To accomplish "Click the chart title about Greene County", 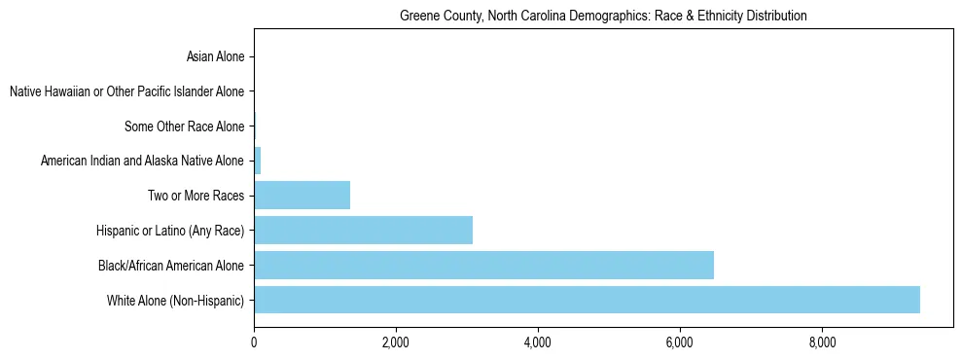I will click(603, 16).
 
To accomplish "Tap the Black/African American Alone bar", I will click(483, 265).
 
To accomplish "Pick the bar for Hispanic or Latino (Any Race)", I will click(363, 230).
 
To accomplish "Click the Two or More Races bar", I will click(302, 196).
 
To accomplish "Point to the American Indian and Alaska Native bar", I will click(258, 161).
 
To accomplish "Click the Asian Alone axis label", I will click(215, 56).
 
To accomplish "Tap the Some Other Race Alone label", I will click(185, 126).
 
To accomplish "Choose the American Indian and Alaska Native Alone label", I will click(143, 161).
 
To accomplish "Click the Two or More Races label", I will click(196, 196).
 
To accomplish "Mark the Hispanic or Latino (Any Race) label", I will click(170, 231).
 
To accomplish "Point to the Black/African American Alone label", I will click(171, 265).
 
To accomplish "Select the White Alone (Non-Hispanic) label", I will click(176, 300).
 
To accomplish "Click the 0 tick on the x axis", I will click(254, 342).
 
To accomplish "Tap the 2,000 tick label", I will click(396, 342).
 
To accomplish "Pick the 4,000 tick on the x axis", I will click(538, 342).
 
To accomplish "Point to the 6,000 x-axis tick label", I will click(680, 342).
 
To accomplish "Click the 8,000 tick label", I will click(822, 342).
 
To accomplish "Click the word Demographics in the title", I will click(587, 16).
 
